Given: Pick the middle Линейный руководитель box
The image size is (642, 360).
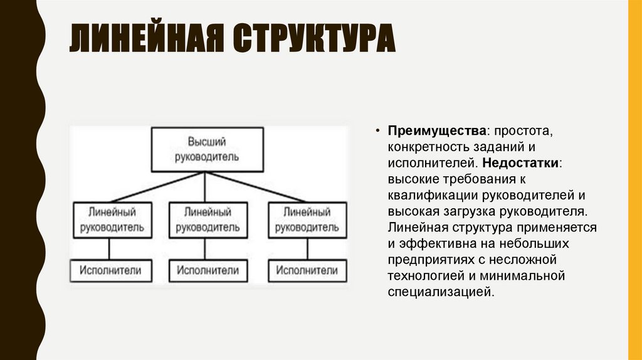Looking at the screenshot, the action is [207, 220].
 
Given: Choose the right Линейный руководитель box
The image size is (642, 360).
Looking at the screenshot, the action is [307, 220].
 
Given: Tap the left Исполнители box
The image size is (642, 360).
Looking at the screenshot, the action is [110, 271].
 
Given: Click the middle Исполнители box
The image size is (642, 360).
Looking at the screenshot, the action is [207, 271].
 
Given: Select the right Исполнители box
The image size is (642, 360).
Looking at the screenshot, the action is [307, 271].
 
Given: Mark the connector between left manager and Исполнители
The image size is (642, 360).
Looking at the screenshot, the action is [110, 248].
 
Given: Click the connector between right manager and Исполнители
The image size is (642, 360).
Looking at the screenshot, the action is [307, 248].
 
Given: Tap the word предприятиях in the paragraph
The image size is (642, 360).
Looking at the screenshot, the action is [427, 259].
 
